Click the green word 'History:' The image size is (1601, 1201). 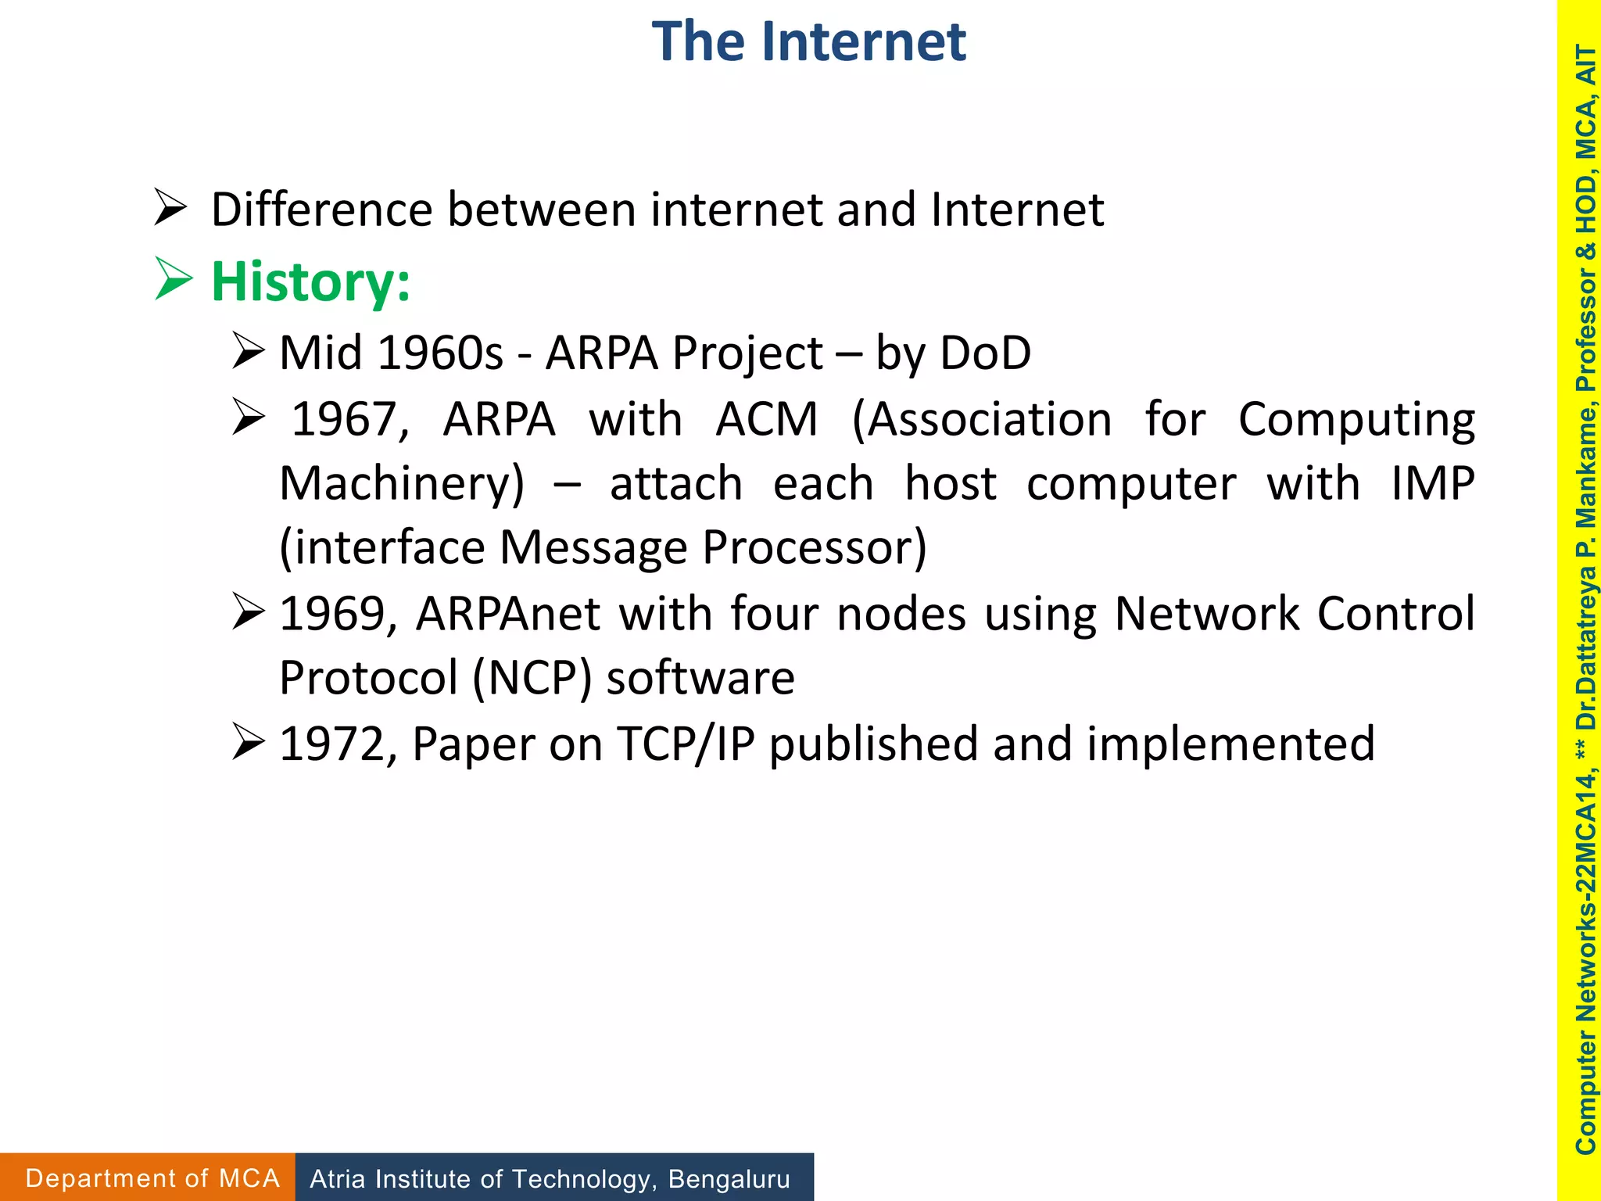[310, 281]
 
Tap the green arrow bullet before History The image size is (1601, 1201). [174, 278]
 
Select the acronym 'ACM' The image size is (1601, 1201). [766, 420]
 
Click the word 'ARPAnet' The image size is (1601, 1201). [508, 614]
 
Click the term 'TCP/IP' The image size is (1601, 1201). [686, 744]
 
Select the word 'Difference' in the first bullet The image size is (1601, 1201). [321, 210]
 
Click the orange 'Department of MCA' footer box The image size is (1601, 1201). [149, 1178]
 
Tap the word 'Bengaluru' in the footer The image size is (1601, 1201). [729, 1178]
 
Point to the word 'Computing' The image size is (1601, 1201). [1356, 420]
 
